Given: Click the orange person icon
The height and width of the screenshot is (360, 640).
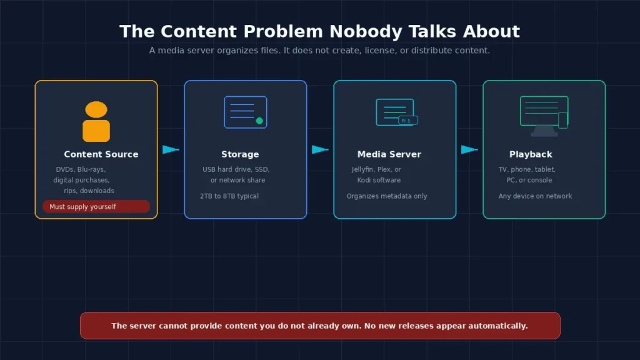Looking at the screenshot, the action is coord(96,122).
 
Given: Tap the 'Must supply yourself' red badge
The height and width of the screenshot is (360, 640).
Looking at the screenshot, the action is coord(96,206).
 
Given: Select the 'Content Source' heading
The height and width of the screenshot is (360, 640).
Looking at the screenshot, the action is coord(101,154).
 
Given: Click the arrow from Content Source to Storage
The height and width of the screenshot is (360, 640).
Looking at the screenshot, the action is coord(171,149).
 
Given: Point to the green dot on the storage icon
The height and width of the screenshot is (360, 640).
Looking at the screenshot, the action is coord(259,121).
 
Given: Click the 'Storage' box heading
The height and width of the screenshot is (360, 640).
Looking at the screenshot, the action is coord(240,154).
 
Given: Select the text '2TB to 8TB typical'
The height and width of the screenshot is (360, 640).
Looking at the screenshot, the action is coord(229,196).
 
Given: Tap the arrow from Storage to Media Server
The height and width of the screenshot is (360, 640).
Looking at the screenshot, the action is coord(320,149).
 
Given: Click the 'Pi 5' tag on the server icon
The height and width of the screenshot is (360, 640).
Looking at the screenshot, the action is coord(407,121).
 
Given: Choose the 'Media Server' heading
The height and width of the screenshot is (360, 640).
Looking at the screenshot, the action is coord(389,154).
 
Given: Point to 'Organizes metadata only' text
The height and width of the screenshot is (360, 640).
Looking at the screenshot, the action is coord(387,196).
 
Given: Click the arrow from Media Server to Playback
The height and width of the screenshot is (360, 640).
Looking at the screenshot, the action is coord(469,149).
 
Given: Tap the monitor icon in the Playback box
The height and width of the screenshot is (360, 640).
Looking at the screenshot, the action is coord(544,116).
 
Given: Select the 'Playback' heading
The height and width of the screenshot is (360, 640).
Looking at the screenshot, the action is coord(531,154).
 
